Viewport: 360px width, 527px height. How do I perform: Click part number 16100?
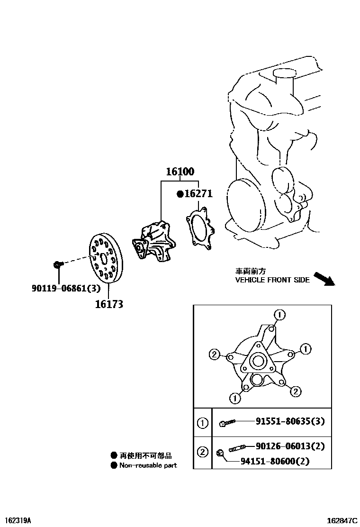click(x=180, y=172)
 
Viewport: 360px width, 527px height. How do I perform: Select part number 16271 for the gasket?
click(x=198, y=194)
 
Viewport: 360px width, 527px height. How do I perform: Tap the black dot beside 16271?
click(x=180, y=194)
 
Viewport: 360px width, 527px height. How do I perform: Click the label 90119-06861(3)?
click(x=72, y=288)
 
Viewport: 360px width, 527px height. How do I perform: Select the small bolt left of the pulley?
click(x=58, y=263)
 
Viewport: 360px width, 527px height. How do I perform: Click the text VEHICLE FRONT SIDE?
click(x=272, y=280)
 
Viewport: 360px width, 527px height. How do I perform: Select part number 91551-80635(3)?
click(x=290, y=421)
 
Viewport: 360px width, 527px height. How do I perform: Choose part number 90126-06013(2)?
click(x=290, y=446)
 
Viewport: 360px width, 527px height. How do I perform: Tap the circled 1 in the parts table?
click(x=202, y=422)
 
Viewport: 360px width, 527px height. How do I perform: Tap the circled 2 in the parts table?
click(x=202, y=452)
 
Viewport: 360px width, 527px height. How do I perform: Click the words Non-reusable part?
click(x=148, y=465)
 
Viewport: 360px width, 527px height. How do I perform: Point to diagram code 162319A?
click(x=18, y=520)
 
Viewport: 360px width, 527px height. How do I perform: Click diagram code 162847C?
click(x=342, y=520)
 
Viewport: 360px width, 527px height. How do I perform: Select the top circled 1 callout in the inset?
click(x=279, y=314)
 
